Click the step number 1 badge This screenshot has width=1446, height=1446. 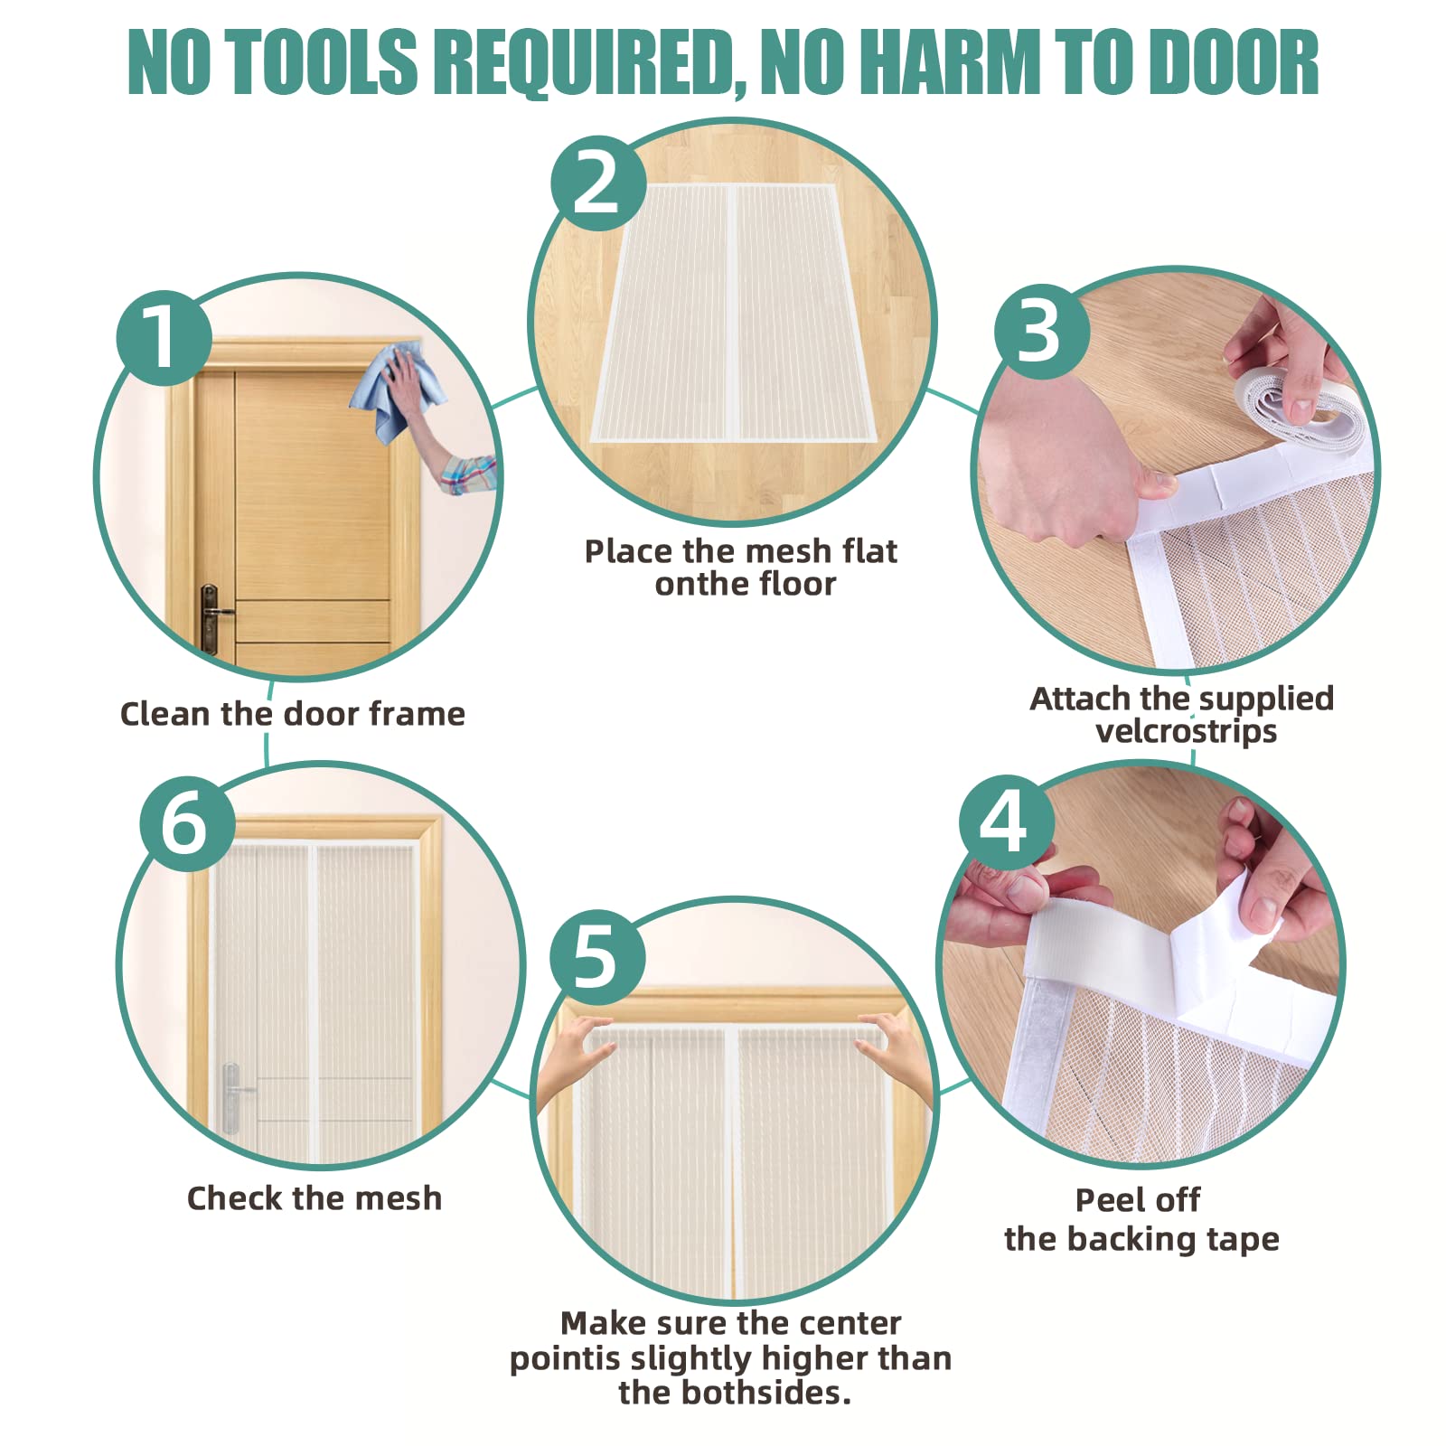pos(164,338)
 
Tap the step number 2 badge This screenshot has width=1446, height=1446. pos(598,183)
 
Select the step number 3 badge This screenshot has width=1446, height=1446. pos(1042,332)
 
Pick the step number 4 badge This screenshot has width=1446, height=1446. pos(1006,822)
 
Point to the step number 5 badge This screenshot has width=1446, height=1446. pos(597,957)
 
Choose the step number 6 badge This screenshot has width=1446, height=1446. pos(187,823)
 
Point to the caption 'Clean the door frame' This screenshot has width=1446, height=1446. pos(293,714)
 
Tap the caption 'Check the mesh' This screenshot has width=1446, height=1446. pos(315,1198)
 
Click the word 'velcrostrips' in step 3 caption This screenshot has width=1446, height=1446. pos(1186,731)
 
